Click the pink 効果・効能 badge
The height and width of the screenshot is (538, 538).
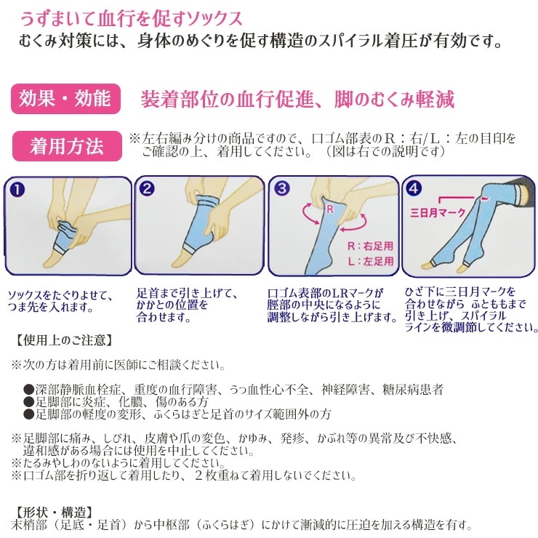[65, 99]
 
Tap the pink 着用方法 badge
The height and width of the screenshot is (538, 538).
[67, 146]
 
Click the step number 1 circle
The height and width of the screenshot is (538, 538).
[17, 190]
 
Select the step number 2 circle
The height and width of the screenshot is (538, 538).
[147, 189]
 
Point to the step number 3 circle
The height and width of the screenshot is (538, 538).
[282, 188]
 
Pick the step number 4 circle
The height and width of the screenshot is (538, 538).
[414, 188]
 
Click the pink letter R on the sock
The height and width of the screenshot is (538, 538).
[330, 209]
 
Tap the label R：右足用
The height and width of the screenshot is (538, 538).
[370, 246]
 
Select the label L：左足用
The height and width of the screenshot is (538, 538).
[371, 262]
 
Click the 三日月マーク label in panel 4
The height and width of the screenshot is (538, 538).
[438, 213]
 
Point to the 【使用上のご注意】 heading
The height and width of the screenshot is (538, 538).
[64, 340]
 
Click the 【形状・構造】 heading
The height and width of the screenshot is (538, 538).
[53, 513]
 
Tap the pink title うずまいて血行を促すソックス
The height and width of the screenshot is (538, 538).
[132, 19]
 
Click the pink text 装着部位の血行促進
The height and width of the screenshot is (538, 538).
[227, 100]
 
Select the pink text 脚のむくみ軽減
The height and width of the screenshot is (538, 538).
[395, 100]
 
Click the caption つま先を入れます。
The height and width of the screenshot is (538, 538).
[51, 307]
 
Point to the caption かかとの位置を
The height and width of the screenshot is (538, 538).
[172, 305]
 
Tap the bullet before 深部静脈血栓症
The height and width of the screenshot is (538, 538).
[28, 390]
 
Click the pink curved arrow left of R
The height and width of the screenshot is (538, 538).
[311, 214]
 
